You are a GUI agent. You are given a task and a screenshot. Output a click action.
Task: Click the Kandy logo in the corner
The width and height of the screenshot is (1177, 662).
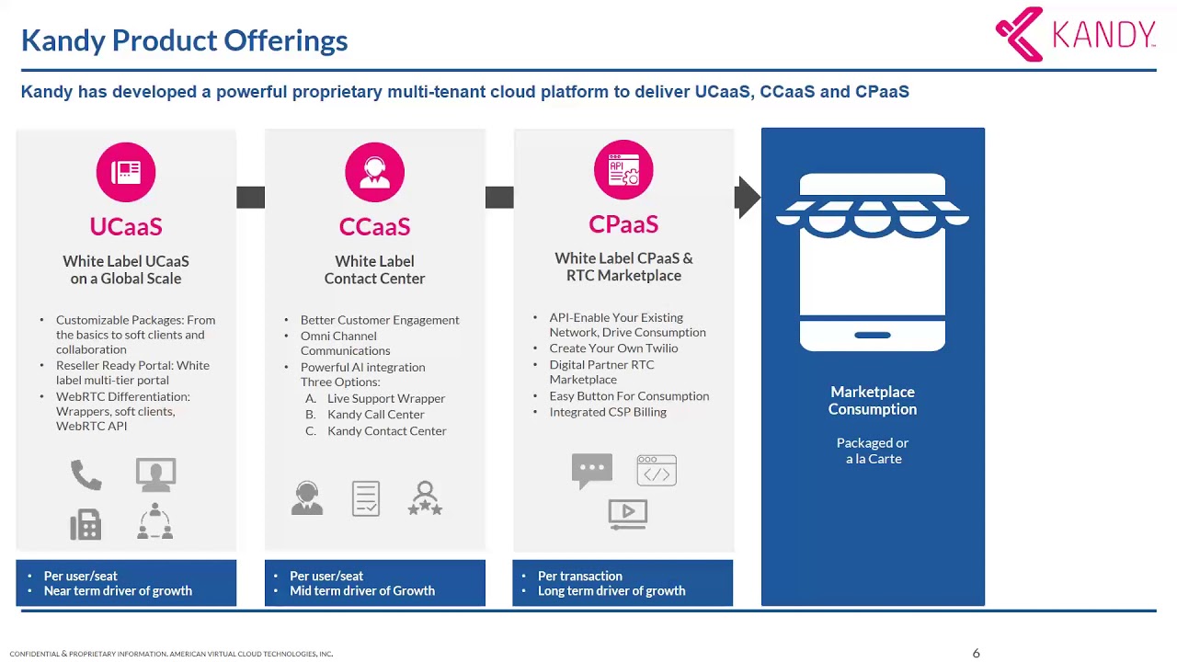pyautogui.click(x=1075, y=34)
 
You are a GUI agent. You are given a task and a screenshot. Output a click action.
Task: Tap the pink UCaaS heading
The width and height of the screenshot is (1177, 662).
pyautogui.click(x=126, y=226)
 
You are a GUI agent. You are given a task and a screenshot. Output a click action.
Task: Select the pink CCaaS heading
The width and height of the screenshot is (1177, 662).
pyautogui.click(x=374, y=226)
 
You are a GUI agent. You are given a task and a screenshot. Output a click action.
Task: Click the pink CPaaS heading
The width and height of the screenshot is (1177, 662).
pyautogui.click(x=623, y=223)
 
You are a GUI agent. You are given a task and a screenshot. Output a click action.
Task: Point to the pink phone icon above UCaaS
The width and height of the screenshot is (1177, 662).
pyautogui.click(x=126, y=172)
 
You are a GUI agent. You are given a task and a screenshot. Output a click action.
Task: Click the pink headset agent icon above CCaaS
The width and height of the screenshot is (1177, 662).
pyautogui.click(x=374, y=172)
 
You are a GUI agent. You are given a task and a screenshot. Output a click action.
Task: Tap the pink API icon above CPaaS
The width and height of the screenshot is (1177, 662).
pyautogui.click(x=623, y=170)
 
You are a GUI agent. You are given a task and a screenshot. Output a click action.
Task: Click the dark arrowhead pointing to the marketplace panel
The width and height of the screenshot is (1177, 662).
pyautogui.click(x=748, y=197)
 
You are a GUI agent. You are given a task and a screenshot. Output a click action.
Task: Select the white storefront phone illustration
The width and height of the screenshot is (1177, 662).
pyautogui.click(x=873, y=262)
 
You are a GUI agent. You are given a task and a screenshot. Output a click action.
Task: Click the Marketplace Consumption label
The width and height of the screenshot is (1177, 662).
pyautogui.click(x=873, y=400)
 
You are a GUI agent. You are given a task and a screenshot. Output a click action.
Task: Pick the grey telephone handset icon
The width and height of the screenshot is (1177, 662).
pyautogui.click(x=86, y=475)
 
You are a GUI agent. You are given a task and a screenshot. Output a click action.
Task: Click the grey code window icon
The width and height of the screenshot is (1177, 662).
pyautogui.click(x=657, y=470)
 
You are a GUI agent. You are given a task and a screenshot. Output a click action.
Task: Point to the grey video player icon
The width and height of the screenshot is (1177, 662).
pyautogui.click(x=628, y=514)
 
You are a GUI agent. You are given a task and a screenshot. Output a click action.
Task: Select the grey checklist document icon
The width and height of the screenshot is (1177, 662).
pyautogui.click(x=366, y=498)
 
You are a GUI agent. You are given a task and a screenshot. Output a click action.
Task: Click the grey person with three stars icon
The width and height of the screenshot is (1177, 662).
pyautogui.click(x=425, y=498)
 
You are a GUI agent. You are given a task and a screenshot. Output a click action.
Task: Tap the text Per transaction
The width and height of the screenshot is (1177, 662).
pyautogui.click(x=579, y=576)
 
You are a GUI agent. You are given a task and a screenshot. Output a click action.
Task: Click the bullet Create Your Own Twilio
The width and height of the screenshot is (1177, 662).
pyautogui.click(x=613, y=348)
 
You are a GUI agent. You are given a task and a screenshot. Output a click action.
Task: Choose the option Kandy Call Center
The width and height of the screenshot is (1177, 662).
pyautogui.click(x=376, y=415)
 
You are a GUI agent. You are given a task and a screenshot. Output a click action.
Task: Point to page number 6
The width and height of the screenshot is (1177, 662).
pyautogui.click(x=976, y=653)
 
